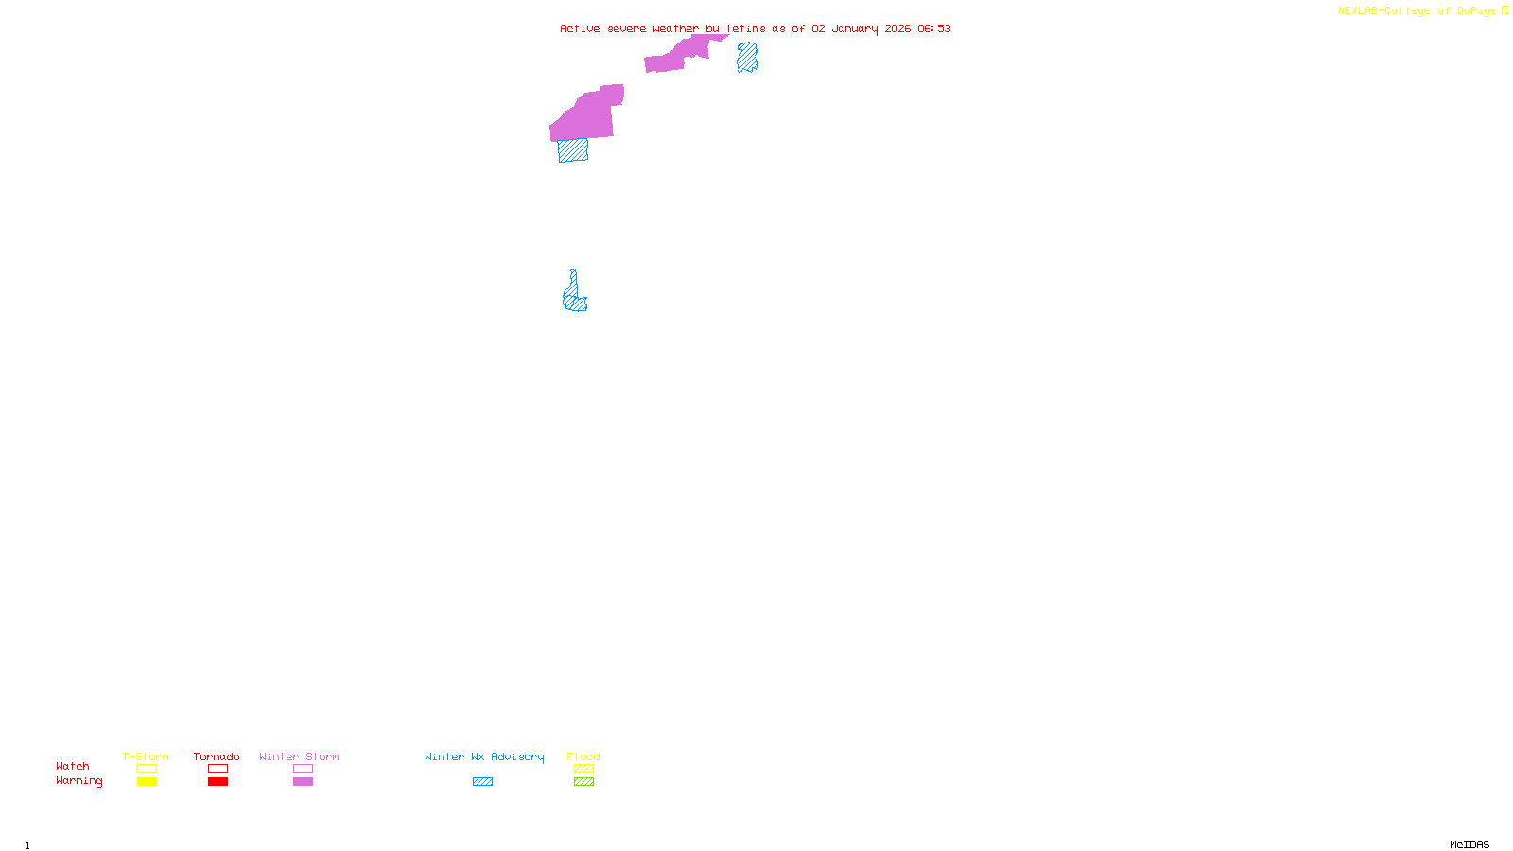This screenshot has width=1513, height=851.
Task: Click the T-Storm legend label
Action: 146,756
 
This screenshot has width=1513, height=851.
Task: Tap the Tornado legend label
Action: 217,756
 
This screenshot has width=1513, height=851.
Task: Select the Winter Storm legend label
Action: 299,756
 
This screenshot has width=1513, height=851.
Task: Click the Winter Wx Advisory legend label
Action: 484,756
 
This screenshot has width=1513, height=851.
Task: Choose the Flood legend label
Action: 583,756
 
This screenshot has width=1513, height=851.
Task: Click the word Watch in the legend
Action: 73,766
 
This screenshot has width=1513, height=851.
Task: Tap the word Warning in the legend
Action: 78,781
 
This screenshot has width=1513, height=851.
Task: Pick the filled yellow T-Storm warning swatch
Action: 147,782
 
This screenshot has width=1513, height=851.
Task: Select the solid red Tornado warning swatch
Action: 218,782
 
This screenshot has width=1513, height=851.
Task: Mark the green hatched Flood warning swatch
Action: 583,782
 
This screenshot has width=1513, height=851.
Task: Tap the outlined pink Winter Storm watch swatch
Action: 303,769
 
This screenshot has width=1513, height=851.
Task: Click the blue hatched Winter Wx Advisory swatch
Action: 482,782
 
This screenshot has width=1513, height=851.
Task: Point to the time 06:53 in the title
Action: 933,28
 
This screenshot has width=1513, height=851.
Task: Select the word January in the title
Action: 854,28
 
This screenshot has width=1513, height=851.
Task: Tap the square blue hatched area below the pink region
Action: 572,150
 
